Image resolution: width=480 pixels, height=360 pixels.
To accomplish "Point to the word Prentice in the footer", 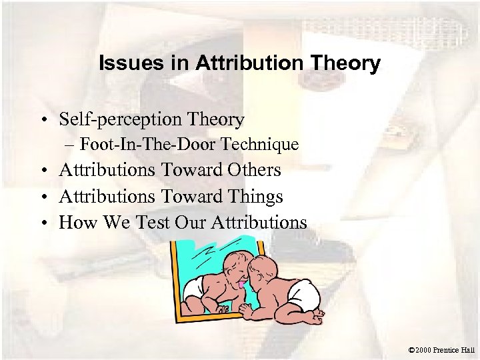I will pos(450,349).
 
